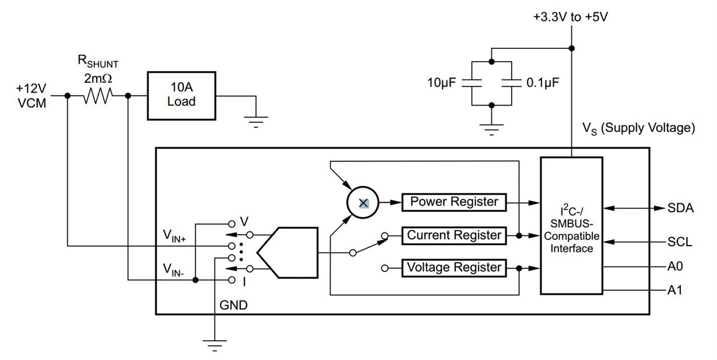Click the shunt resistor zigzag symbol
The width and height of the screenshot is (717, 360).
pos(98,96)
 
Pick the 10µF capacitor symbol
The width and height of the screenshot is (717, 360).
pos(472,83)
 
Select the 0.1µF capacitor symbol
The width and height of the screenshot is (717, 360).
pos(511,83)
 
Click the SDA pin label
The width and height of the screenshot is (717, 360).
pos(680,209)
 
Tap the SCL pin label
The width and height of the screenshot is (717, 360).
pos(680,242)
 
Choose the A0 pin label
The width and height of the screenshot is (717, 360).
pos(675,266)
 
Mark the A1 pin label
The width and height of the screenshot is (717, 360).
pos(675,290)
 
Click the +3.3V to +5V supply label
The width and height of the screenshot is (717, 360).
pos(571,17)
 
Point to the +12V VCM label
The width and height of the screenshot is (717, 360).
pos(31,96)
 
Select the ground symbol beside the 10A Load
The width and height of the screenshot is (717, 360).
pos(256,122)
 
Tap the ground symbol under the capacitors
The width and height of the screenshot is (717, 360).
pos(491,129)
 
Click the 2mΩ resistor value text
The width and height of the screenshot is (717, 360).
pos(98,79)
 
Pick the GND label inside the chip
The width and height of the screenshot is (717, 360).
pos(233,305)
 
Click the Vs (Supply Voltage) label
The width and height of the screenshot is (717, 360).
pos(638,128)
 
